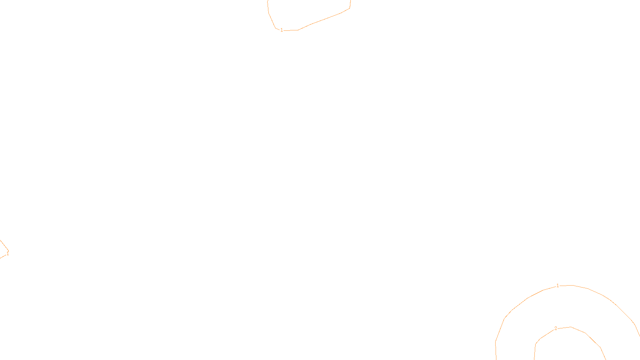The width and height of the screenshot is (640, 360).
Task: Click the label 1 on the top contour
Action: point(282,30)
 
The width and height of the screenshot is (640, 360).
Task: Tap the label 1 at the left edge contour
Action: point(8,253)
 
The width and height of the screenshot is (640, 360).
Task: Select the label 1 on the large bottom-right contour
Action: point(558,286)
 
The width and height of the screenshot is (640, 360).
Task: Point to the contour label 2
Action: point(556,328)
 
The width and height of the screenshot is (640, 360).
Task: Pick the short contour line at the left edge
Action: point(3,244)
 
